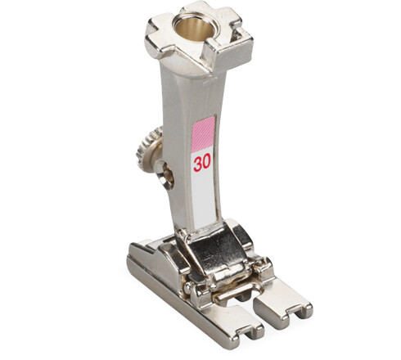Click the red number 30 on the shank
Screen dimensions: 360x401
(202, 162)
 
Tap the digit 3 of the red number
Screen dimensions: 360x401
(198, 162)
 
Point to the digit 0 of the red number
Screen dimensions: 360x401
(206, 162)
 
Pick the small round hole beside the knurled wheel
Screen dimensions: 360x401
(164, 173)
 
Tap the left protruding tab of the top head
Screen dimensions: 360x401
(158, 37)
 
